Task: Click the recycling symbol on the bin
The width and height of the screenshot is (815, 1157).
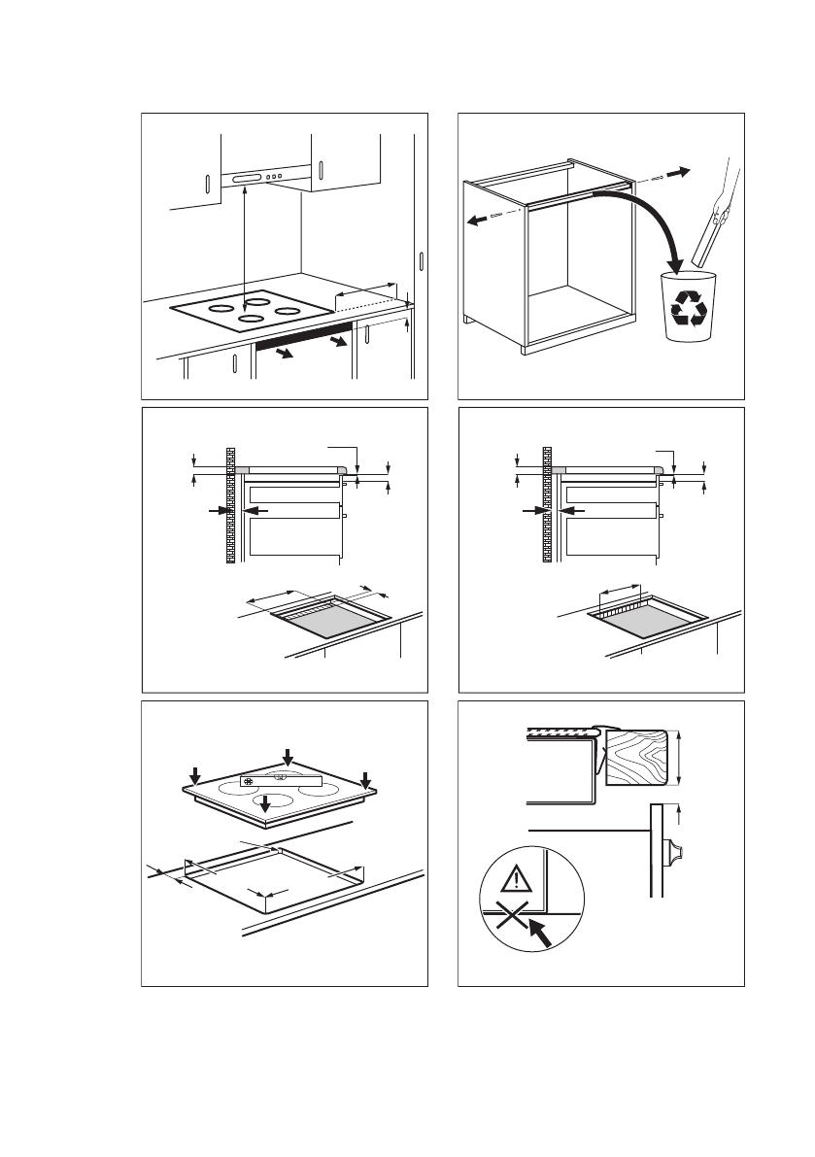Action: (690, 307)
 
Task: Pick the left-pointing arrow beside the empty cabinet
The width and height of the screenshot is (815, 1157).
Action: (478, 219)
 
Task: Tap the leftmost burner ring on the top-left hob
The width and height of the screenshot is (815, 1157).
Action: (220, 308)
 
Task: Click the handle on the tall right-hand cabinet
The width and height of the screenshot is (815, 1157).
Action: (421, 262)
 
